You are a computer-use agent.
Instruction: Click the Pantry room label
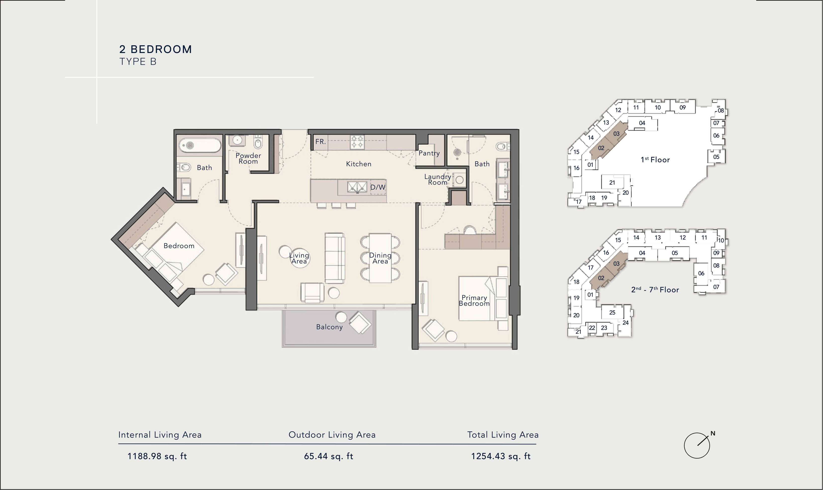click(x=429, y=153)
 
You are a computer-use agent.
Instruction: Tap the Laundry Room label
click(x=438, y=180)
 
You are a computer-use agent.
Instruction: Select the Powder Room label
click(x=248, y=159)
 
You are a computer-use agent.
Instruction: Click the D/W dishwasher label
click(x=378, y=187)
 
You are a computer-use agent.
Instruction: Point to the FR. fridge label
click(x=320, y=142)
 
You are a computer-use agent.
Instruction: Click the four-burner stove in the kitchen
click(x=357, y=142)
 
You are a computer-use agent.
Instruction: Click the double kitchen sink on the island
click(x=357, y=187)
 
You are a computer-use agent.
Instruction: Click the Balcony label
click(x=329, y=327)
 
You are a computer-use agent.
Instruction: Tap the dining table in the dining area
click(x=380, y=258)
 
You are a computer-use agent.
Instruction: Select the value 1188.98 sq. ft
click(x=157, y=456)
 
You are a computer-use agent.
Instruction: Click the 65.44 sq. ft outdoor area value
click(x=329, y=456)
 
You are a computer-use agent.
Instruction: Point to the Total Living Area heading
click(x=503, y=435)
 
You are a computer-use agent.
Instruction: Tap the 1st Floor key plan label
click(x=655, y=160)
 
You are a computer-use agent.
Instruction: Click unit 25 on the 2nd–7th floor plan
click(x=612, y=312)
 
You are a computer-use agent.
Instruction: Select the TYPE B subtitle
click(x=138, y=62)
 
